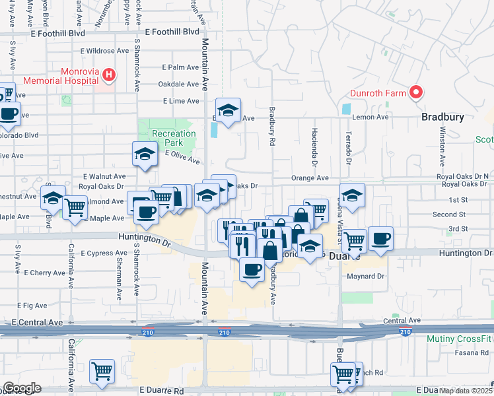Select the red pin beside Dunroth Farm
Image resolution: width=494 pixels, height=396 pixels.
416,93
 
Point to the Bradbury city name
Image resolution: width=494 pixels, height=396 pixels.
443,117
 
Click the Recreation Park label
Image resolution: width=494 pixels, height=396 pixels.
174,138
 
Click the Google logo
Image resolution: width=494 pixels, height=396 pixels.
22,388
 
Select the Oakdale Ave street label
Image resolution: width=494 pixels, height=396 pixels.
178,84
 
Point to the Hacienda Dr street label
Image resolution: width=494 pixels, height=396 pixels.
314,147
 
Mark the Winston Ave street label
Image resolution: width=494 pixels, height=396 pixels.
441,145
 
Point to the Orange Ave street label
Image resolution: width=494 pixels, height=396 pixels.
310,178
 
